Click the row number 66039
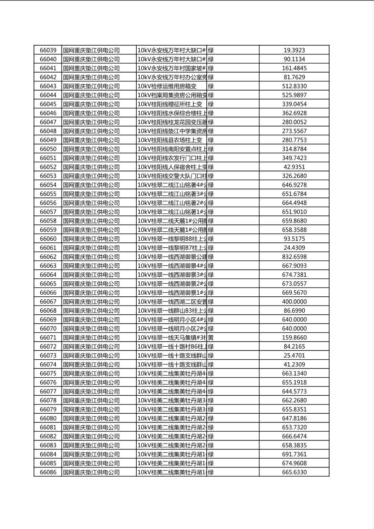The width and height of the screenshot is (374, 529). pos(48,50)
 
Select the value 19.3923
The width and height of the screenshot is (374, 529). pos(294,50)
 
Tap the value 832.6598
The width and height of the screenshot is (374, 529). pos(294,257)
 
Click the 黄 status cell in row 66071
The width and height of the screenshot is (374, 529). pos(211,338)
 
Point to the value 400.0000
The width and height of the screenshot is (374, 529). pos(294,302)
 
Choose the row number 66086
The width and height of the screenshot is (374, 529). pos(48,472)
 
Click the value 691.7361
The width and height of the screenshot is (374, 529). pos(294,454)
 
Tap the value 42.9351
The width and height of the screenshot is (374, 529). pos(294,167)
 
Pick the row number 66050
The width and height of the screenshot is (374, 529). pos(48,149)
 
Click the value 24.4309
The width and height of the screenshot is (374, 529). pos(294,248)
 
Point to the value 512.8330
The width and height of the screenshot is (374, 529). pos(294,86)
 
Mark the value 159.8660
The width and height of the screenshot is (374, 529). pos(294,338)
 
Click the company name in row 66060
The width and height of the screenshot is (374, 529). pos(91,239)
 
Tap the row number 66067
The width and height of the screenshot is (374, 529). pos(48,302)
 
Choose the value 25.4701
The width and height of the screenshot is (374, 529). pos(294,356)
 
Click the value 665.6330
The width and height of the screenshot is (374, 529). pos(294,472)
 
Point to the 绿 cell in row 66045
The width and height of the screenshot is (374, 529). pos(211,104)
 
